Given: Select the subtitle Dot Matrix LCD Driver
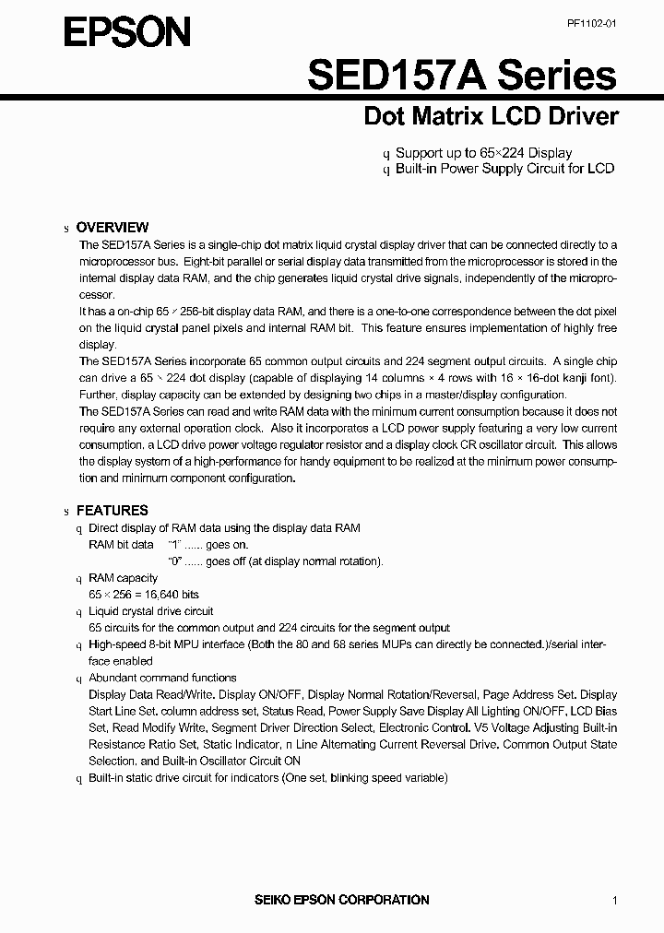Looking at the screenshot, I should click(x=491, y=117).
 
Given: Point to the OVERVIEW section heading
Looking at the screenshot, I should click(x=112, y=227).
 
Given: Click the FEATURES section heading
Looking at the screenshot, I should click(x=112, y=510).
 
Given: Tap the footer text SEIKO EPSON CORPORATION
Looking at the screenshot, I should click(x=341, y=899).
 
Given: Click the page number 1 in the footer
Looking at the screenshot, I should click(x=614, y=900).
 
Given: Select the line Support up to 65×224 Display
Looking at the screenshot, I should click(x=483, y=153).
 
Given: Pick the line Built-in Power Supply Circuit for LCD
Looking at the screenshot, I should click(x=504, y=169).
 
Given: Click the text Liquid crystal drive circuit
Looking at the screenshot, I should click(x=150, y=611).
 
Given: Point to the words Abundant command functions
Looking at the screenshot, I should click(x=162, y=678).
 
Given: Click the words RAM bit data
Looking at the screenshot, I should click(x=121, y=545).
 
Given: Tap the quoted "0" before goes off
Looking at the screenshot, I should click(x=173, y=561).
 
